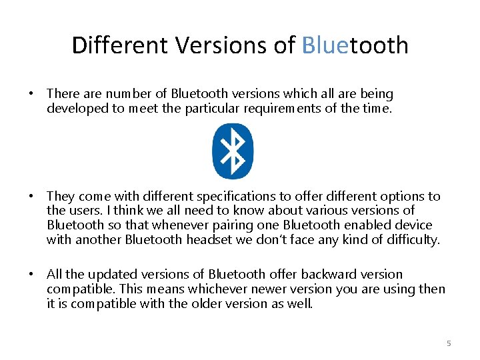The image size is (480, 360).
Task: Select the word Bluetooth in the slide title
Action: [355, 45]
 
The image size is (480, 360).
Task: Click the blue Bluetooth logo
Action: [233, 151]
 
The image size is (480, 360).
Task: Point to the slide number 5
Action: [449, 343]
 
